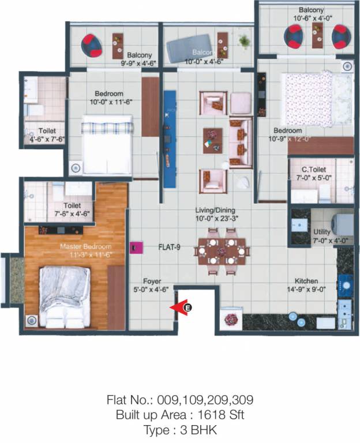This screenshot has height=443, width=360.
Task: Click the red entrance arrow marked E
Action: tap(183, 308)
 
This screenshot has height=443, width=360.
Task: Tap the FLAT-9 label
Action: tap(170, 247)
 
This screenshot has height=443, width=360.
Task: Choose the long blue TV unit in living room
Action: tap(170, 138)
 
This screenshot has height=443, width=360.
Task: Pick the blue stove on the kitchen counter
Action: tap(345, 284)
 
